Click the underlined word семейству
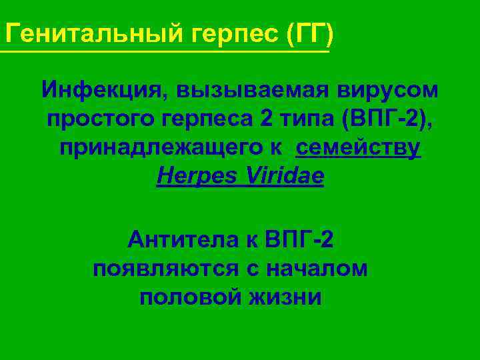(x=359, y=148)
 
